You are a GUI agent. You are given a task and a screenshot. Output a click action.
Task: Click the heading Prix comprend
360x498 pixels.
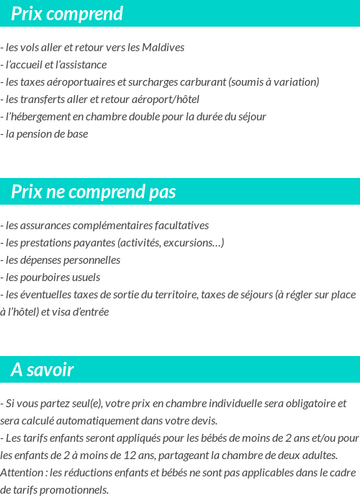[67, 14]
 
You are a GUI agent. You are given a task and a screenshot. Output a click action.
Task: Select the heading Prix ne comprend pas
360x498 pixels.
[94, 192]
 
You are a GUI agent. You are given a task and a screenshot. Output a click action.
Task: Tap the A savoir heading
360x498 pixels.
[42, 370]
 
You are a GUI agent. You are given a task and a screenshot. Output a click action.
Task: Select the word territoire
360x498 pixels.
[170, 294]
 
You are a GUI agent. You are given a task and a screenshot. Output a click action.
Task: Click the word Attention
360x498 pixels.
[22, 472]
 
